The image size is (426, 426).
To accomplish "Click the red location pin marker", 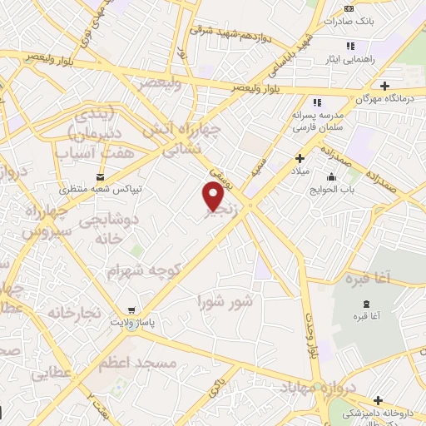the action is tap(213, 196).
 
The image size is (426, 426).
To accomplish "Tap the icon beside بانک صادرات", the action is tap(349, 10).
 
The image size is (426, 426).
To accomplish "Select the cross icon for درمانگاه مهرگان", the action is tap(384, 86).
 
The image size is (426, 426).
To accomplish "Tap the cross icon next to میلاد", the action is tap(301, 157).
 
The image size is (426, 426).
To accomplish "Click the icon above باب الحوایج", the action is tap(332, 176).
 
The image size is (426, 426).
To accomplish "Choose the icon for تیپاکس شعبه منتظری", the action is tap(101, 176).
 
